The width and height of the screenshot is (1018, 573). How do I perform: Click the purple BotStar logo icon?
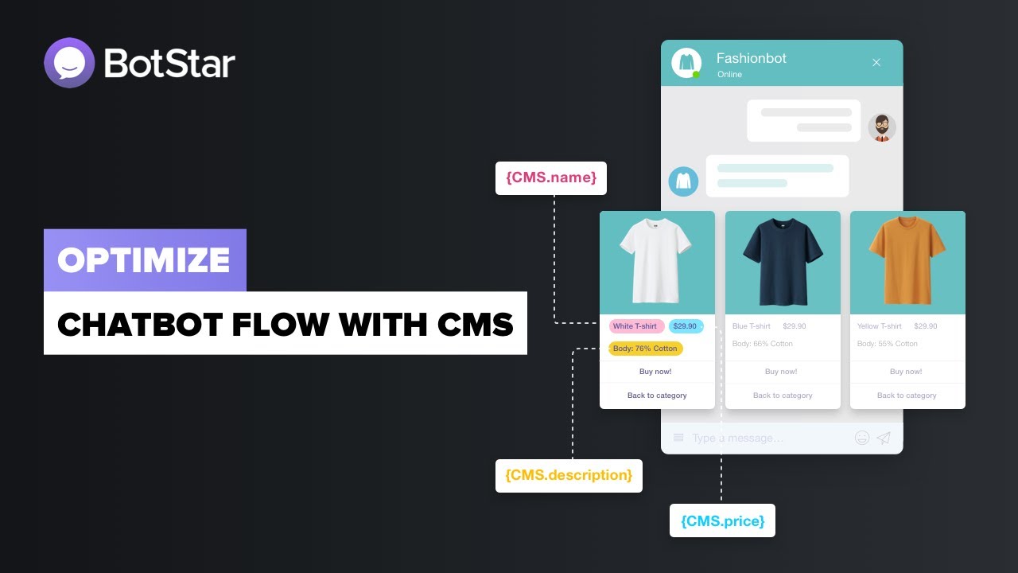[x=69, y=63]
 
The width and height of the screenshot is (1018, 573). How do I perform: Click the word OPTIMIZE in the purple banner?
[x=144, y=260]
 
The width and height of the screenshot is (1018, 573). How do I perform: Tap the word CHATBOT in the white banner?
[x=130, y=324]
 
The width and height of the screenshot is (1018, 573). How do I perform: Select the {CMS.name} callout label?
[x=550, y=178]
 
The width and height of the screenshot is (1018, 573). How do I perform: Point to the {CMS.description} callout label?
[x=569, y=476]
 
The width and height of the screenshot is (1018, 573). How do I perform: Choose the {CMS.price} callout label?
[x=722, y=521]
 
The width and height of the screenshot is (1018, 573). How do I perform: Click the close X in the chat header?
[x=876, y=62]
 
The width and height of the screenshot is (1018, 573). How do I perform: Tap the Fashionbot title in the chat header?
[x=752, y=58]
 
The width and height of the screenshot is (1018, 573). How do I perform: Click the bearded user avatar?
[x=881, y=127]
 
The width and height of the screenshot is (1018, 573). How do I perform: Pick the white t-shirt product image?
[x=657, y=261]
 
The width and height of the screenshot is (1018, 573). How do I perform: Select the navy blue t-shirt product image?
[x=783, y=261]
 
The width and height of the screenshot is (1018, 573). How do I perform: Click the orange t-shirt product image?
[x=907, y=261]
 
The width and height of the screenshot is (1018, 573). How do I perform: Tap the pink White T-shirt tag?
[x=635, y=326]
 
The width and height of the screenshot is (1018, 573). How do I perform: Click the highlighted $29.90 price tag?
[x=685, y=326]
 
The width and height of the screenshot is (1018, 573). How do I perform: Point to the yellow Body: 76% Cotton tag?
[x=645, y=349]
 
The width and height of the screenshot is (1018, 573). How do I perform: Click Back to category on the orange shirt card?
[x=907, y=396]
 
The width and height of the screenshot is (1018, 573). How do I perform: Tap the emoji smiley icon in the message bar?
[x=862, y=438]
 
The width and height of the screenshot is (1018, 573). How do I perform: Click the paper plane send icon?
[x=884, y=438]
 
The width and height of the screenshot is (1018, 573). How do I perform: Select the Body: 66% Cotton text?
[x=763, y=344]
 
